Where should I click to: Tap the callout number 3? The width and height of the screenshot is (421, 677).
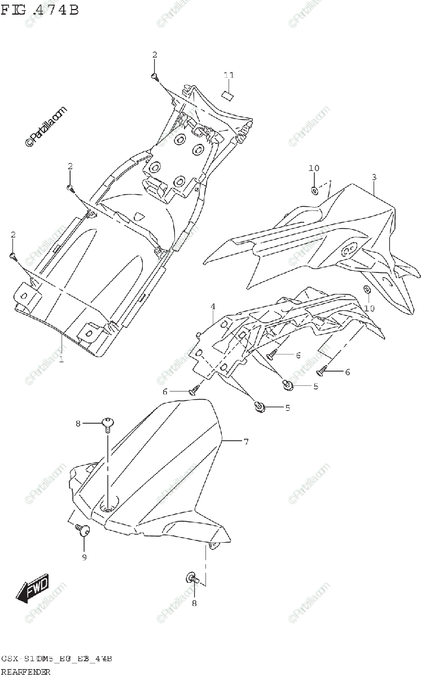(x=374, y=177)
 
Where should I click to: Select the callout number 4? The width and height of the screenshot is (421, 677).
(x=213, y=306)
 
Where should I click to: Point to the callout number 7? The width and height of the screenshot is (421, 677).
(x=246, y=442)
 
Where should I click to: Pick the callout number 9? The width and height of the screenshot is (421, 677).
(x=84, y=557)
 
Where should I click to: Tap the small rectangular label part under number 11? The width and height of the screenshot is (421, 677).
(x=227, y=94)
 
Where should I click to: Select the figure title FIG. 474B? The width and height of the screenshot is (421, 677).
(x=40, y=10)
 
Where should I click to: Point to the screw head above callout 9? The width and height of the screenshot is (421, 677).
(x=85, y=530)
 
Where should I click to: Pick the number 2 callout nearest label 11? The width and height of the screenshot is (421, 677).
(x=154, y=55)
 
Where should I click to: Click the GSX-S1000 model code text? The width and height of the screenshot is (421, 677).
(x=57, y=659)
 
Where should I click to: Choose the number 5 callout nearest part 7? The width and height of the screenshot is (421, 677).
(x=287, y=408)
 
